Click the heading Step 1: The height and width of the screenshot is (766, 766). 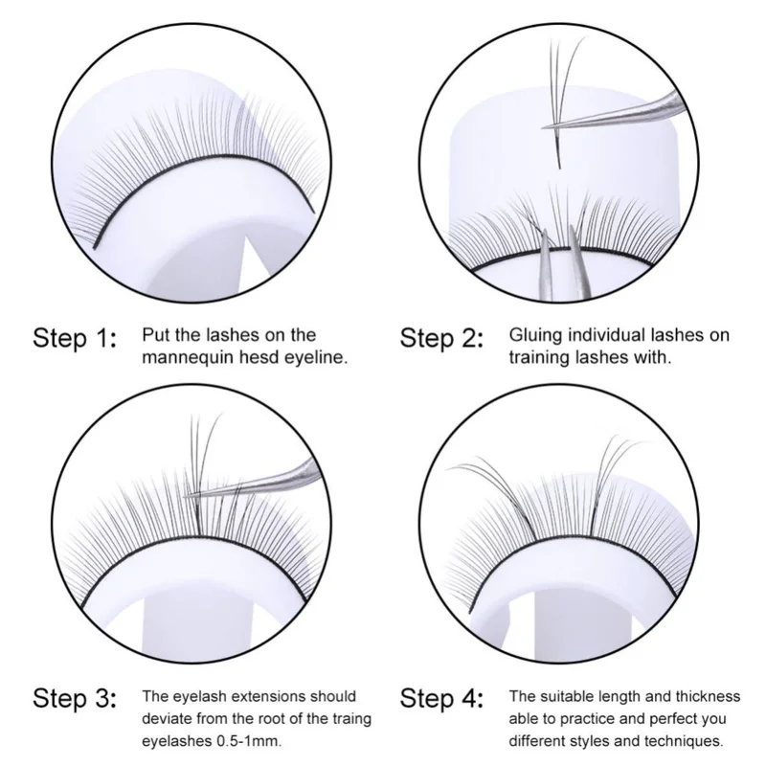click(76, 339)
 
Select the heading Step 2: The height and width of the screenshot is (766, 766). click(442, 339)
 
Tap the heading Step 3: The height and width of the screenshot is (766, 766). click(76, 699)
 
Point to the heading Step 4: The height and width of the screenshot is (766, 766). click(442, 699)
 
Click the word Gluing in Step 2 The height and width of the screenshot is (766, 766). click(536, 336)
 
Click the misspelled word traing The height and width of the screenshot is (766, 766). click(348, 720)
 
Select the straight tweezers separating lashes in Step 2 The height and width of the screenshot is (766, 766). click(564, 264)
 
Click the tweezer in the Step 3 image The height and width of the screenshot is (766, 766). click(254, 482)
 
